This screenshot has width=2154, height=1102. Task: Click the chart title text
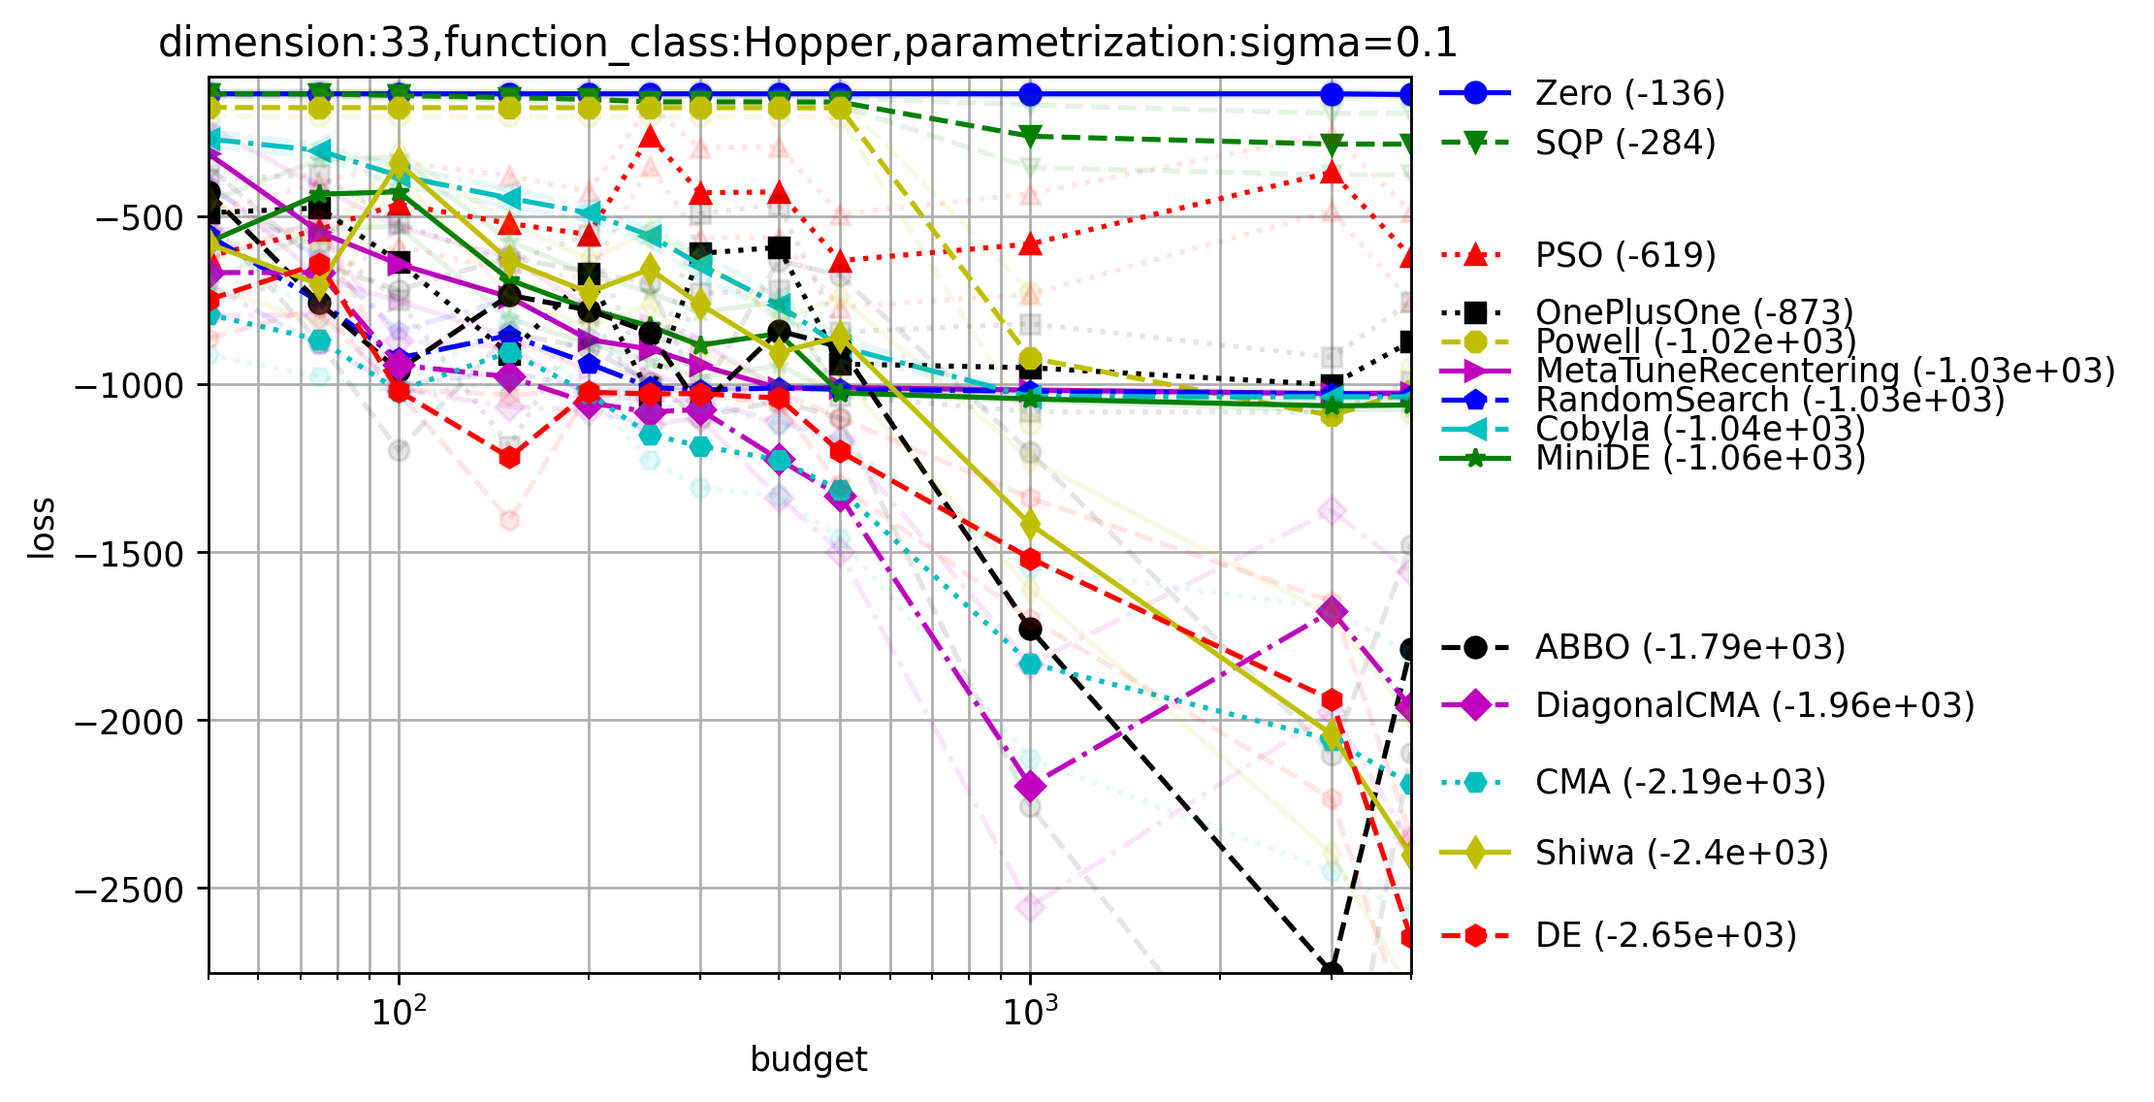click(x=807, y=44)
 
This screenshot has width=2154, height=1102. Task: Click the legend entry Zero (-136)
click(x=1629, y=94)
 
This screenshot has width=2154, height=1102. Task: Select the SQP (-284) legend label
click(x=1624, y=144)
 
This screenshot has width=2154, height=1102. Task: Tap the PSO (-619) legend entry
click(x=1624, y=256)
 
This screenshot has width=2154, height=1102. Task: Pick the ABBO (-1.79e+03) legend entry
click(x=1688, y=648)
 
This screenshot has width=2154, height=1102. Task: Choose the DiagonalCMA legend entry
click(x=1753, y=705)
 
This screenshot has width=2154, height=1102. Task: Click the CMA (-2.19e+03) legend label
click(x=1680, y=782)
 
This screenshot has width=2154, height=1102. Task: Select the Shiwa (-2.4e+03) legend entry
click(x=1681, y=854)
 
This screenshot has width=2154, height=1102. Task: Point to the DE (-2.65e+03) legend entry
click(x=1665, y=936)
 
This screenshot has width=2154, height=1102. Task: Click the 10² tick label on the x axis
click(x=399, y=1014)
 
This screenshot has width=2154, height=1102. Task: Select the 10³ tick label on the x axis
click(x=1030, y=1014)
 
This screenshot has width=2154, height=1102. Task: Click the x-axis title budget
click(x=809, y=1060)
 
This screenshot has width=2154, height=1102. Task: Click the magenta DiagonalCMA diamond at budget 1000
click(x=1030, y=785)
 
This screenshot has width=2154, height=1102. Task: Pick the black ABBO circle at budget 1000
click(x=1030, y=630)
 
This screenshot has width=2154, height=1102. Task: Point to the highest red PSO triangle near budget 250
click(x=651, y=138)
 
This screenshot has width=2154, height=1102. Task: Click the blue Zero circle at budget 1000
click(x=1030, y=94)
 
